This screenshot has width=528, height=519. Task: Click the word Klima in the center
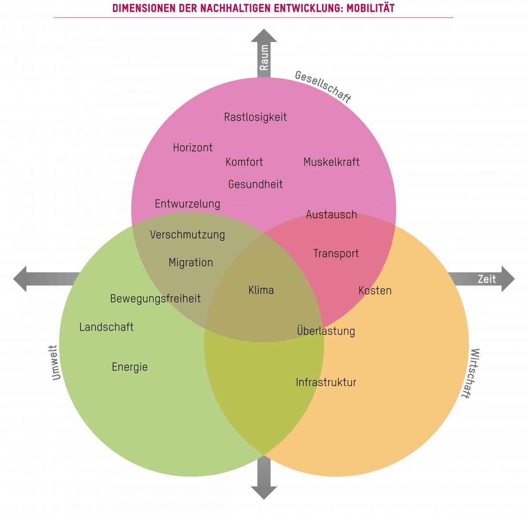261,290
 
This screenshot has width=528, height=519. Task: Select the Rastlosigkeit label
255,117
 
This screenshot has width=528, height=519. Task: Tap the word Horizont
193,147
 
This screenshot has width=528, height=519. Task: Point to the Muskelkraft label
331,162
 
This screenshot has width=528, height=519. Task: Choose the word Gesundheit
255,184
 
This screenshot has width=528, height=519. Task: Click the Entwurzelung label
187,204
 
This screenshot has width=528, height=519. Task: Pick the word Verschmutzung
187,235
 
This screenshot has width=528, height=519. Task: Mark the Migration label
191,262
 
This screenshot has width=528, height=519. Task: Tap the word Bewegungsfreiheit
155,298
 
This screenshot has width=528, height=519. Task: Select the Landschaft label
106,327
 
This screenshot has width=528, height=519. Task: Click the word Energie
129,367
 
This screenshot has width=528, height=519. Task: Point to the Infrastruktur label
326,382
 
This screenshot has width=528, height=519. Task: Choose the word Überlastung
326,331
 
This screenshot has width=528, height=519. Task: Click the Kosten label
375,291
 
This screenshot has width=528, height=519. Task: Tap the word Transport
336,254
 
